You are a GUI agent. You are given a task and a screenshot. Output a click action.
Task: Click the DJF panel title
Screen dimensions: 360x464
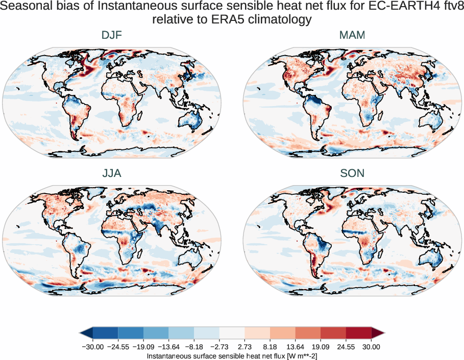(x=111, y=36)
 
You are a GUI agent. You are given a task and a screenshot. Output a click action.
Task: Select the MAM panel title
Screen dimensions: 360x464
(x=352, y=36)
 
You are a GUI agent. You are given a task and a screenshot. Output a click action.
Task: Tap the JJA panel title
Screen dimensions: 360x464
(x=111, y=174)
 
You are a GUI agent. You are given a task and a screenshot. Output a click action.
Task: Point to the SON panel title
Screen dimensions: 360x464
(x=352, y=174)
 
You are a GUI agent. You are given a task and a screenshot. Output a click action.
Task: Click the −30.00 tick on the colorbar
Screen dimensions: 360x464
(x=93, y=347)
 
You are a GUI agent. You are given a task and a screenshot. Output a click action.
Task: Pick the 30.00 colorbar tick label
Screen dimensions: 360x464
(x=371, y=347)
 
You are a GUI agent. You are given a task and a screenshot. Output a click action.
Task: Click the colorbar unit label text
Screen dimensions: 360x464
(x=232, y=355)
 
